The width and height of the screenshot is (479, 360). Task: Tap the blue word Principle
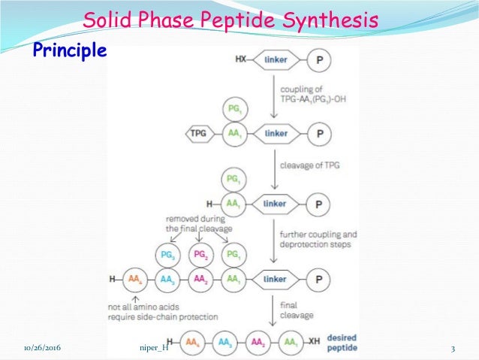(68, 50)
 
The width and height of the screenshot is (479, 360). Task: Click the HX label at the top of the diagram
(240, 58)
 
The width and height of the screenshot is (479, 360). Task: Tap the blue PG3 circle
(168, 256)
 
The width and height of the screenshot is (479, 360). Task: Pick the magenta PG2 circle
(200, 256)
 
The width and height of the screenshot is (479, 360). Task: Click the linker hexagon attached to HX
(276, 58)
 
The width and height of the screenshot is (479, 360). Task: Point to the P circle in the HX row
(320, 58)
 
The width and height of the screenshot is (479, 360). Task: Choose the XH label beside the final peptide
(306, 348)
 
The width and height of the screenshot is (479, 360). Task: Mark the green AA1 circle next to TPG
(233, 134)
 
